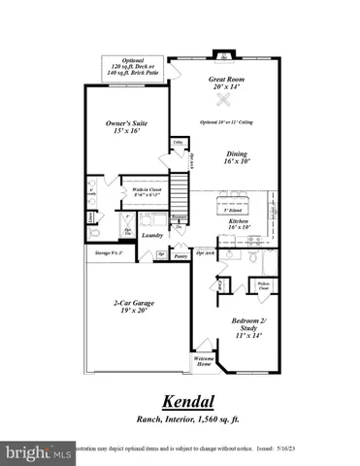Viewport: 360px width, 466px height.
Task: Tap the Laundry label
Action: [150, 235]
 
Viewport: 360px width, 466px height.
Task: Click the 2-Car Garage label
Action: [133, 307]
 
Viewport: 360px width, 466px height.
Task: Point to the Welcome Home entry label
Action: [204, 361]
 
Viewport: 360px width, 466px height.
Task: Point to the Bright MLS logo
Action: [39, 452]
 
